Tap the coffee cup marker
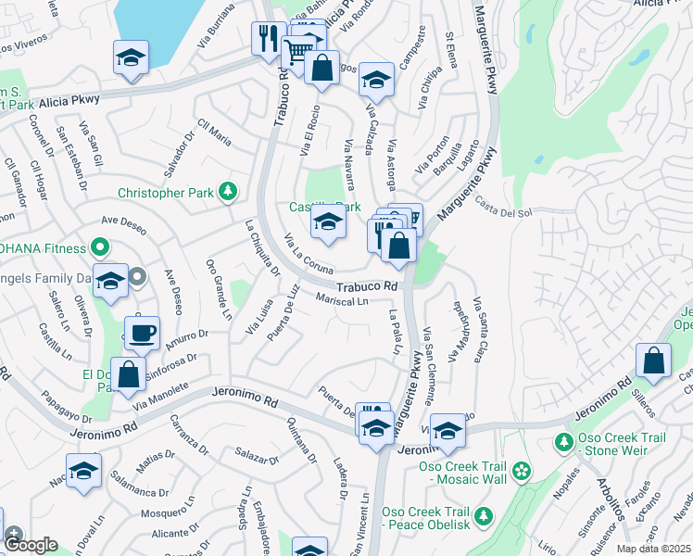[142, 333]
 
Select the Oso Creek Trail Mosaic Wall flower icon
[523, 471]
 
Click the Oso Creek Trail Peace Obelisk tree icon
[483, 515]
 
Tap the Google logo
[31, 545]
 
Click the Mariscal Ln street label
[342, 300]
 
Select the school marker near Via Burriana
[132, 58]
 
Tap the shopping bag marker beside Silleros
[654, 362]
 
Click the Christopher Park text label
[168, 194]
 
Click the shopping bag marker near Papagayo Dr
[129, 374]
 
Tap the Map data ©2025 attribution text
[654, 549]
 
